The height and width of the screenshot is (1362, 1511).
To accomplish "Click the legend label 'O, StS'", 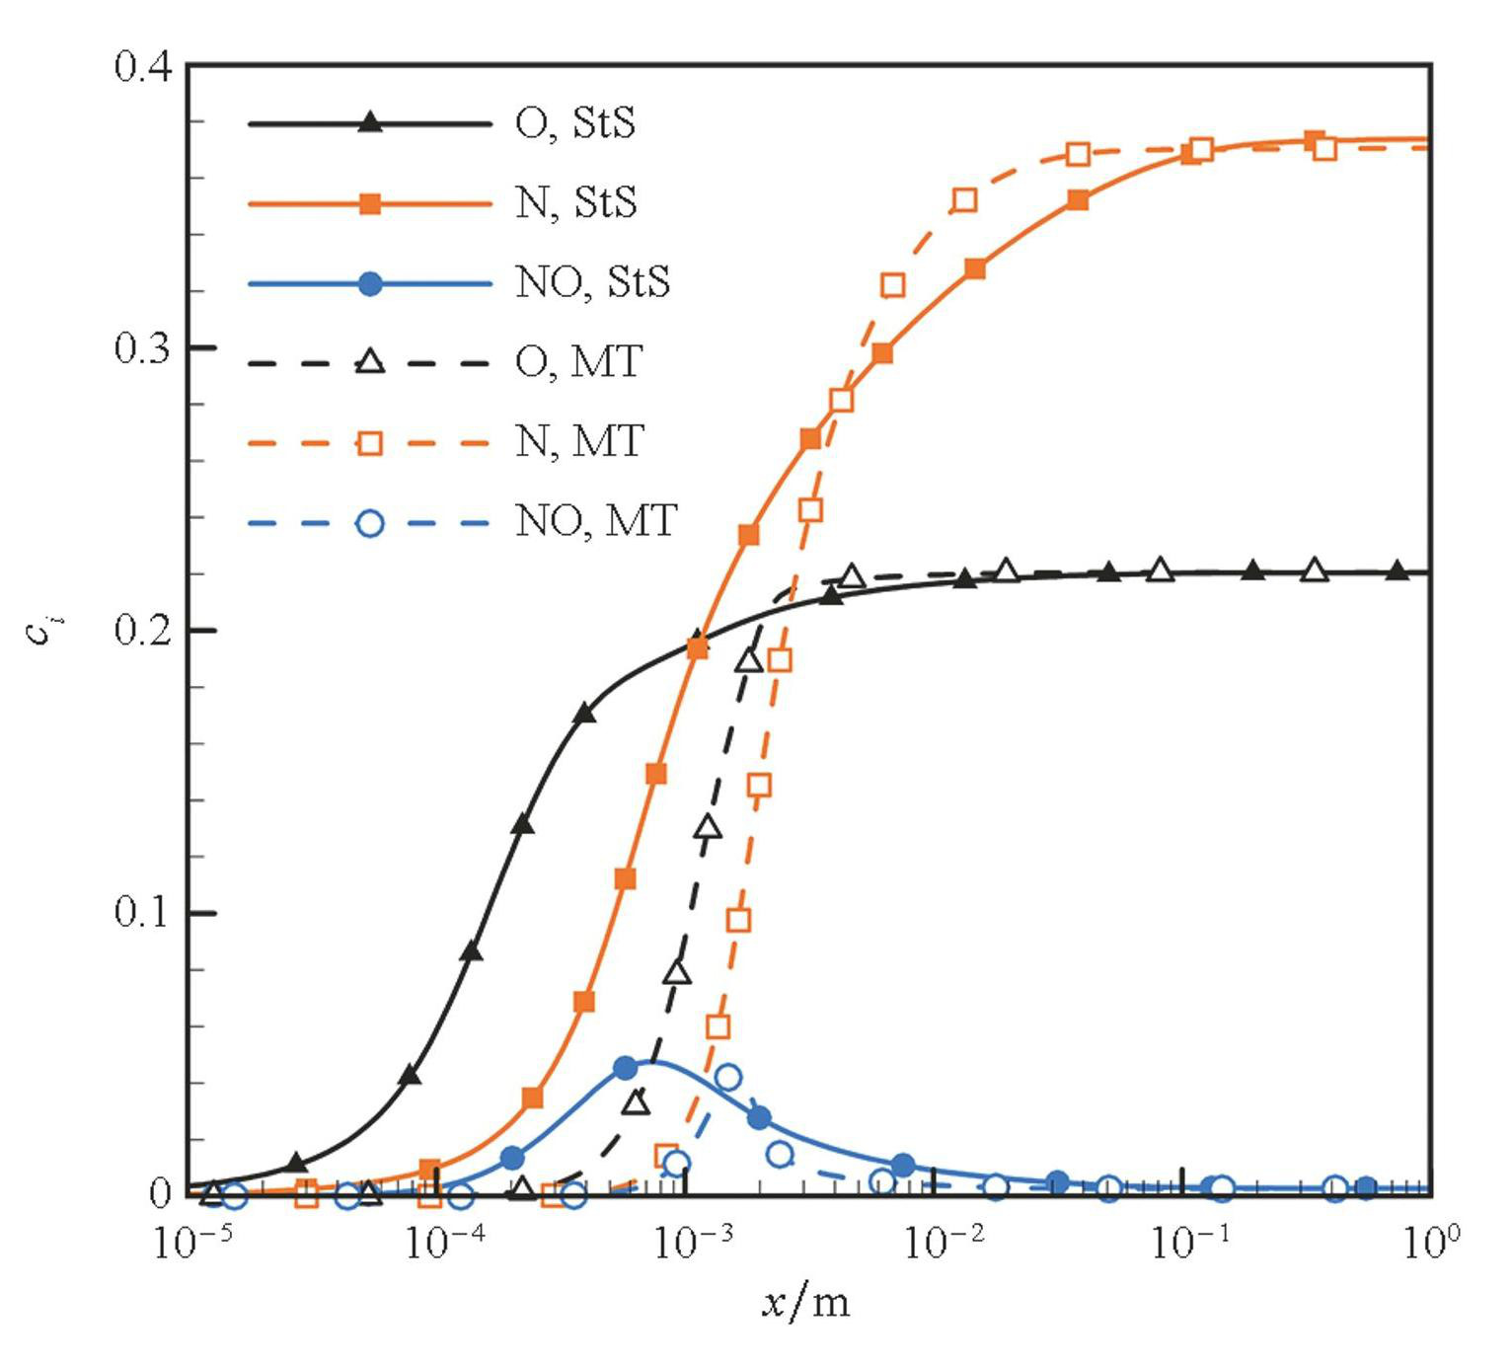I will click(575, 123).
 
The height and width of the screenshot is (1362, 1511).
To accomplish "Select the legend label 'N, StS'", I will click(576, 202).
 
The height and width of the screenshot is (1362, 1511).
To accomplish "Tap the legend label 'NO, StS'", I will click(592, 282).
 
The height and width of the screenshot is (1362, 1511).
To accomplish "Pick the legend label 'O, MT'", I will click(578, 362).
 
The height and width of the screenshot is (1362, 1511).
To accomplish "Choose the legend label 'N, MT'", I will click(579, 441).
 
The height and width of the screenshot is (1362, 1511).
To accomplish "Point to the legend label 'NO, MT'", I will click(595, 520).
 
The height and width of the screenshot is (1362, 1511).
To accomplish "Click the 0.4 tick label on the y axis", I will click(143, 67).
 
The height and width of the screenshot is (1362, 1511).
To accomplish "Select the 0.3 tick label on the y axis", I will click(143, 348).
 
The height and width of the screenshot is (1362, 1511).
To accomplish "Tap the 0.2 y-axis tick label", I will click(143, 630).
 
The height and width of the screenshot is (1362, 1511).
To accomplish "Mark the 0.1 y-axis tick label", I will click(143, 912).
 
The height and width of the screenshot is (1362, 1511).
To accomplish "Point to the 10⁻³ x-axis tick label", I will click(694, 1243).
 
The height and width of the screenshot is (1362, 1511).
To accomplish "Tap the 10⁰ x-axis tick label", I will click(1430, 1243).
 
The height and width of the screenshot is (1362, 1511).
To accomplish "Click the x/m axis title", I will click(805, 1303).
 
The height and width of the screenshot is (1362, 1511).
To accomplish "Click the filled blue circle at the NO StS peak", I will click(626, 1068).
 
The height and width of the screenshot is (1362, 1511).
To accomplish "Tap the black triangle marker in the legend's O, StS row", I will click(369, 123).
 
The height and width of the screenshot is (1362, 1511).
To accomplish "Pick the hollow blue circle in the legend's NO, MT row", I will click(369, 522).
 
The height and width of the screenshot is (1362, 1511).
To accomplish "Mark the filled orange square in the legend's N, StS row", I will click(369, 203).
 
